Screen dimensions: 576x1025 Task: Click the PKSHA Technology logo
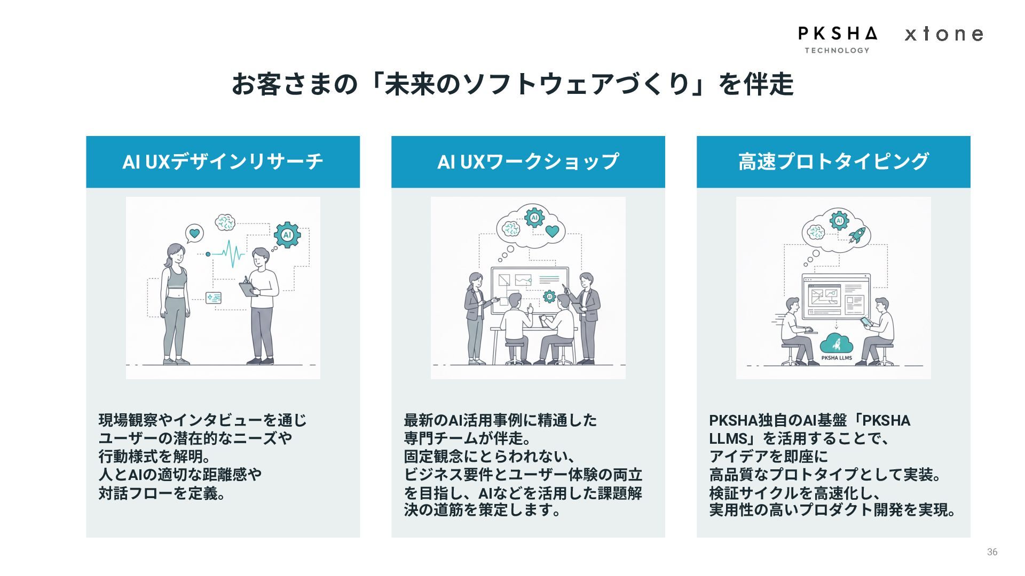click(837, 39)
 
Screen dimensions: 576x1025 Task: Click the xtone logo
click(944, 34)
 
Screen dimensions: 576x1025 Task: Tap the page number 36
click(992, 552)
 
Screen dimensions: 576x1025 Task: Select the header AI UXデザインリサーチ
click(223, 162)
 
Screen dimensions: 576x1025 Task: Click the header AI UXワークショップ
click(528, 162)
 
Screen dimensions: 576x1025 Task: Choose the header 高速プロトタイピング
click(833, 162)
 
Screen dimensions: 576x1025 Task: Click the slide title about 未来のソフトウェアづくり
click(512, 84)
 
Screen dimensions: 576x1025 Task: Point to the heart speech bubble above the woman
click(194, 233)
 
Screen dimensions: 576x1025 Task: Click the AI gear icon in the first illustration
click(287, 235)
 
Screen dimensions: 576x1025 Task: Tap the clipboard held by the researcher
click(248, 289)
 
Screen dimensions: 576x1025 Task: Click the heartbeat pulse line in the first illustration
click(230, 254)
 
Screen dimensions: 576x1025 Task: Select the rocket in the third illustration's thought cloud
click(857, 235)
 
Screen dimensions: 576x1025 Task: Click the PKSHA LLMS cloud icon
click(837, 347)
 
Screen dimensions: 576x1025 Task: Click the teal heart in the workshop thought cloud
click(552, 231)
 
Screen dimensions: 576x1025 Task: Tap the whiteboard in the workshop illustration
click(530, 288)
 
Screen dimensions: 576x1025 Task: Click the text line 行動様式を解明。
click(154, 457)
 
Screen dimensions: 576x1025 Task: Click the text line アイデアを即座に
click(768, 457)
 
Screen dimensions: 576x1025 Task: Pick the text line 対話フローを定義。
click(162, 493)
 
